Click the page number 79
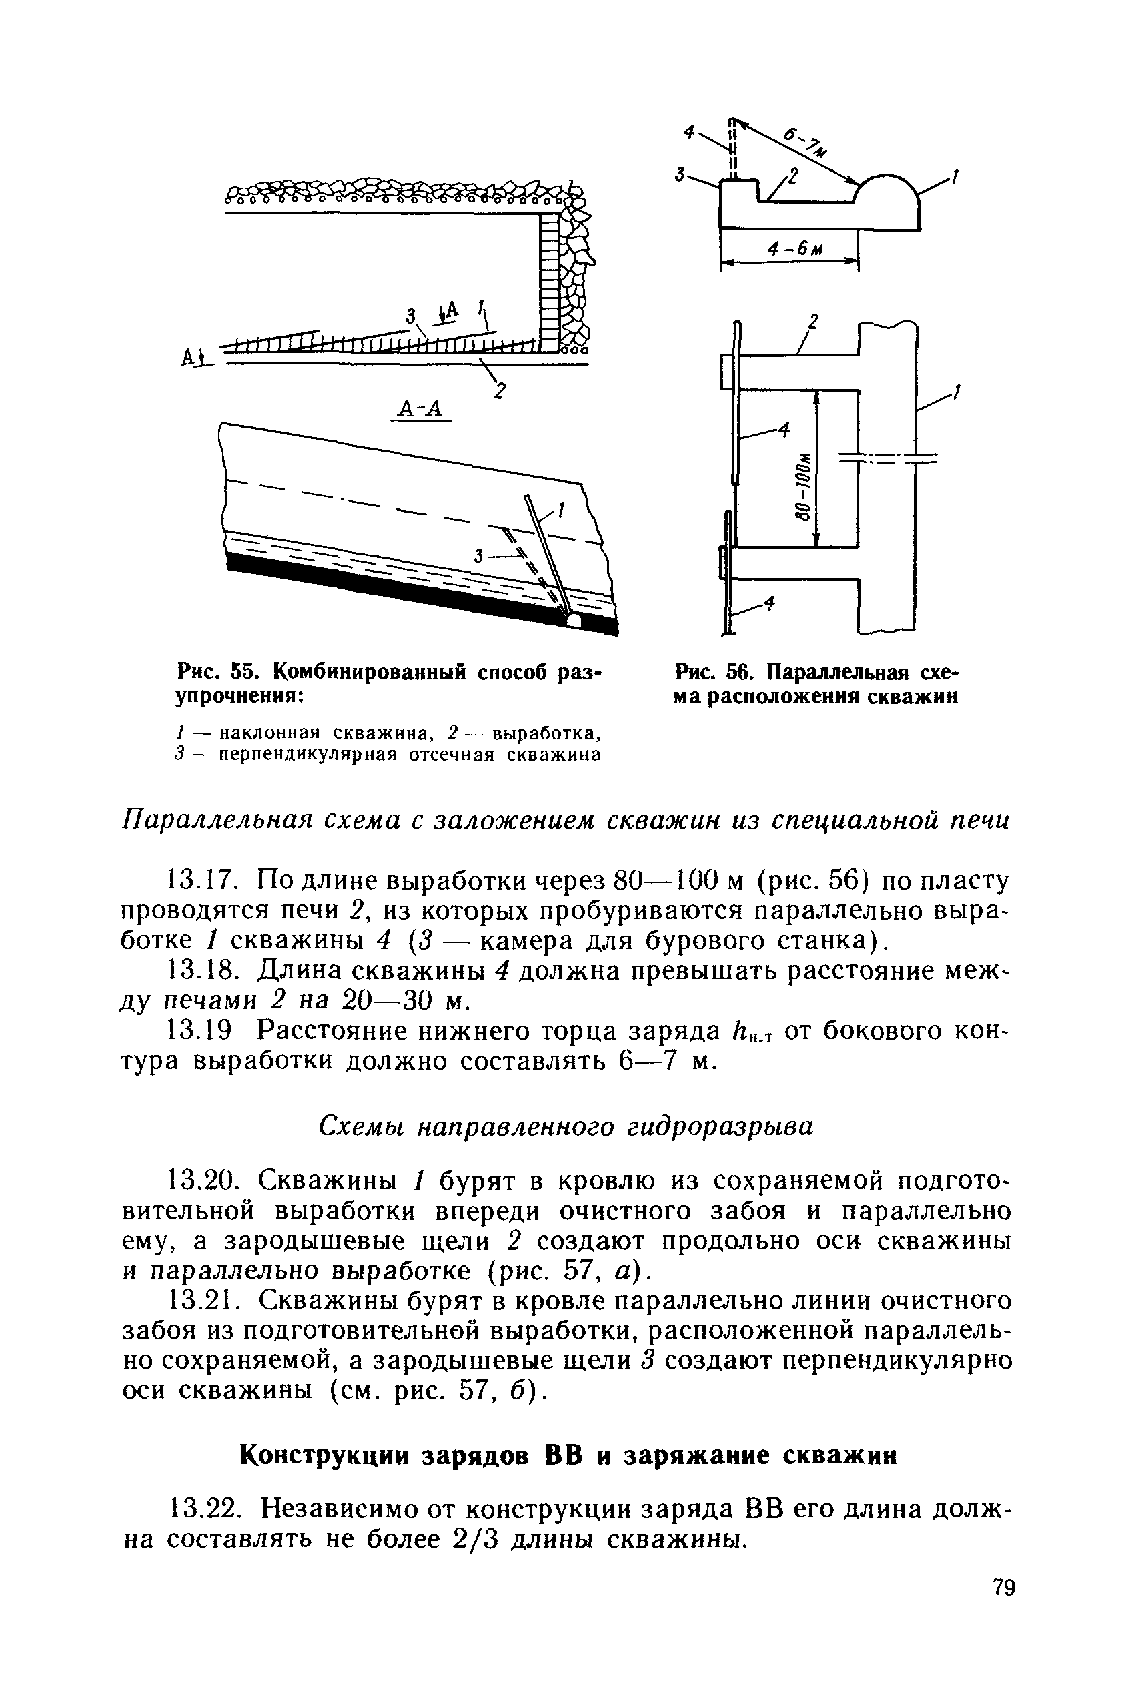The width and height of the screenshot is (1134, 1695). click(1004, 1608)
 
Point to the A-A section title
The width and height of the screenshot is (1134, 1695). click(420, 409)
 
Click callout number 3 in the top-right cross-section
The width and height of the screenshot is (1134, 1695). click(680, 174)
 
